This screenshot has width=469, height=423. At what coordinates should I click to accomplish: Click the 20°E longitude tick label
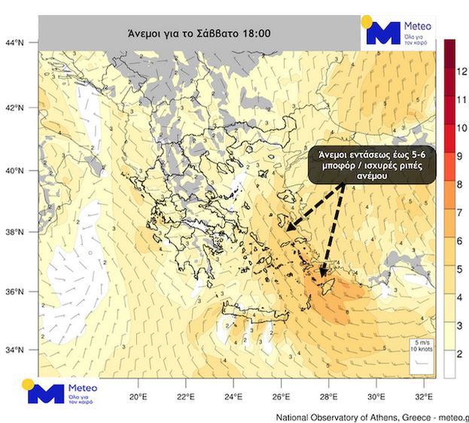click(138, 396)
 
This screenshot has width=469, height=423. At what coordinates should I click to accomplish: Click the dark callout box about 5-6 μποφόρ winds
click(373, 166)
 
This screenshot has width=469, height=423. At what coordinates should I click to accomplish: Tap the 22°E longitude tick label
click(186, 396)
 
